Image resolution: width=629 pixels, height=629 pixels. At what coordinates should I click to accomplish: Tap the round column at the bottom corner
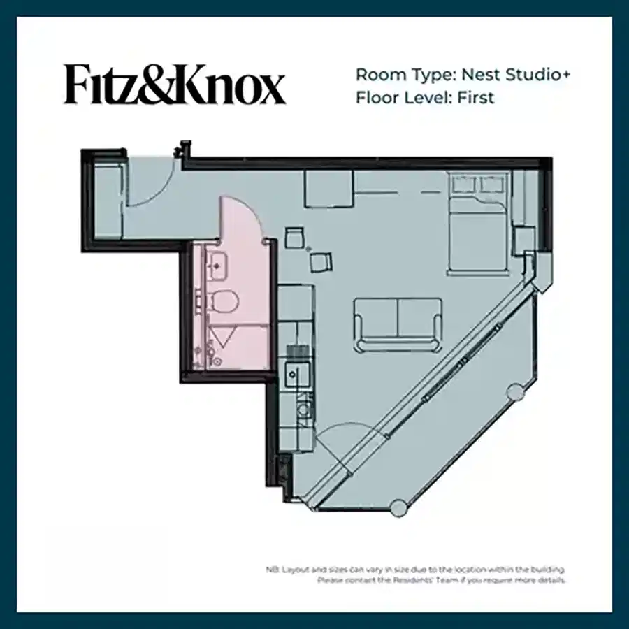click(x=398, y=508)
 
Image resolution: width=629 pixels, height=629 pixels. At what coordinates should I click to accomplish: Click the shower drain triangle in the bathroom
click(x=223, y=339)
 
